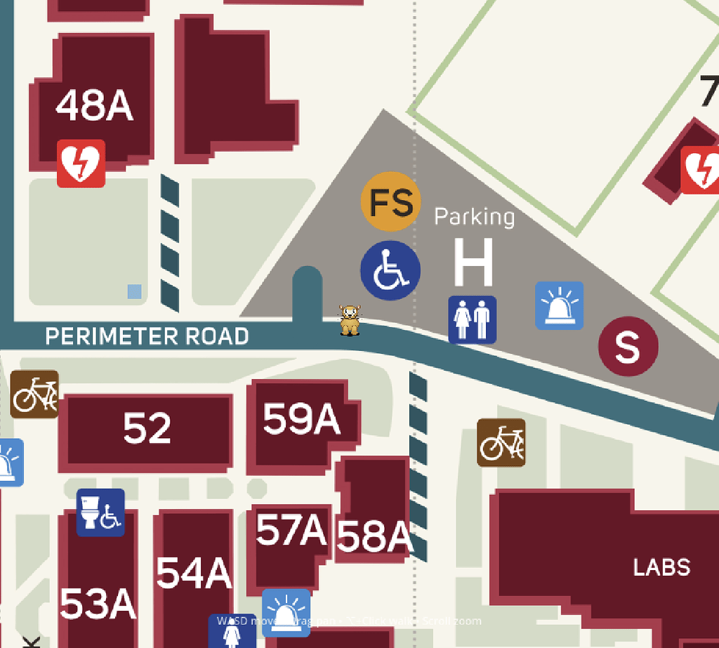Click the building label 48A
(94, 106)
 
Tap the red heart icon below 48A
(81, 164)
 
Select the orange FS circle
(391, 202)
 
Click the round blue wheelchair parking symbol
(390, 271)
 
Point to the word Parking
(474, 216)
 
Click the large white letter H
(473, 263)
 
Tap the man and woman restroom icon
(473, 319)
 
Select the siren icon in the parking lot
(560, 305)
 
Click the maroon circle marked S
(628, 346)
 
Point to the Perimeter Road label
(147, 337)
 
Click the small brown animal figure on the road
(350, 320)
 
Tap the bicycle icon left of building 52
(34, 395)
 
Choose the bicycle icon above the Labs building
(501, 442)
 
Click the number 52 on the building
(147, 428)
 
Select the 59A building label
(301, 420)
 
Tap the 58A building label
(374, 537)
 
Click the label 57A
(291, 530)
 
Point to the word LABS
(661, 567)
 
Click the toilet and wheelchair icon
(100, 513)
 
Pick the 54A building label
(193, 574)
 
